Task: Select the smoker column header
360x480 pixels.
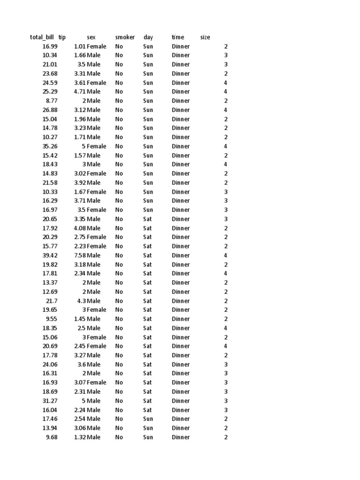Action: [x=125, y=37]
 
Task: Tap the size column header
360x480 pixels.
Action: [x=205, y=37]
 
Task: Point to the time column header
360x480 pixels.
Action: [x=178, y=37]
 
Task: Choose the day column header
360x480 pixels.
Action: [x=148, y=37]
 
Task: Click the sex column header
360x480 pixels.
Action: [x=91, y=37]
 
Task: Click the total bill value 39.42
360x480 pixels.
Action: [x=50, y=255]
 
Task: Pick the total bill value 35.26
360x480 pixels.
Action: [x=50, y=146]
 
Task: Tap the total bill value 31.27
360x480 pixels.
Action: [x=50, y=401]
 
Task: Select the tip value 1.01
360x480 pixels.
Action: [x=79, y=46]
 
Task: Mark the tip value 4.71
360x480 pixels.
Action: [x=79, y=92]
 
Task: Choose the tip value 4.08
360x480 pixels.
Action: [x=79, y=228]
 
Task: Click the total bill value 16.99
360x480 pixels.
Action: [x=50, y=46]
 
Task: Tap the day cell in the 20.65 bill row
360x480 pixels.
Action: [x=148, y=219]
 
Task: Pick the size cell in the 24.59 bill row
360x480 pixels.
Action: [x=225, y=83]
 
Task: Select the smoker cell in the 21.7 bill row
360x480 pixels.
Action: [x=119, y=301]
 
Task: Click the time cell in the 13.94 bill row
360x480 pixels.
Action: [x=180, y=428]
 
